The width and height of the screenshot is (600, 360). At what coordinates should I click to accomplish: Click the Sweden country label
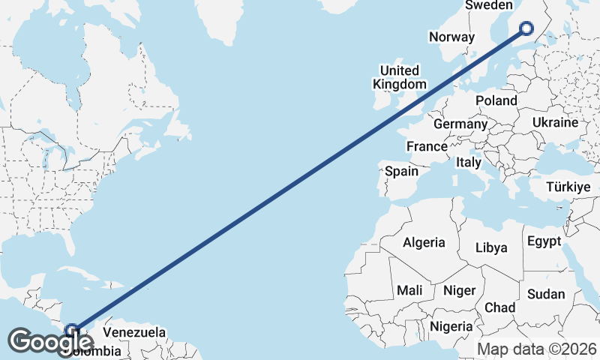(x=488, y=5)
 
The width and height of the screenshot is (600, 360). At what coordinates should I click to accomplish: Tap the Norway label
(x=451, y=37)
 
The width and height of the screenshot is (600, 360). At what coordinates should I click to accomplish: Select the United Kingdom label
(x=400, y=78)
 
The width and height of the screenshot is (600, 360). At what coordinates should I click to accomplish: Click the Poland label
(x=496, y=100)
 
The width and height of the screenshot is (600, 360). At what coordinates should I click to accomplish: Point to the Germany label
(x=460, y=124)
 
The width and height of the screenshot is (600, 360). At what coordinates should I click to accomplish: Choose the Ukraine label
(x=555, y=122)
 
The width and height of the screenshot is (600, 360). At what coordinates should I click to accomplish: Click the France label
(x=427, y=146)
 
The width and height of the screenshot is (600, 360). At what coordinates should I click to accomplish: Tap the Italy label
(x=469, y=162)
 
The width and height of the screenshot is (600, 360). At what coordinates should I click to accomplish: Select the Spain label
(x=401, y=171)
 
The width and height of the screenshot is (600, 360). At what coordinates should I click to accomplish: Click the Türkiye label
(x=568, y=187)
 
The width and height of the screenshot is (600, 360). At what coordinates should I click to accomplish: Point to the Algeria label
(x=424, y=243)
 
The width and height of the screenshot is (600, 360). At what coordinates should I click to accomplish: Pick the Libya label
(x=491, y=247)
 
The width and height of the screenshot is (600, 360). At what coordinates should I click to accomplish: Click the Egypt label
(x=544, y=241)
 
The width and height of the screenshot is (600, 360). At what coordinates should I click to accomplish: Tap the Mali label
(x=409, y=289)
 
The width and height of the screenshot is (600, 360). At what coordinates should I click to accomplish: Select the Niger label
(x=459, y=289)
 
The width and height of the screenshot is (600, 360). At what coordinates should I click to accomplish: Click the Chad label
(x=499, y=307)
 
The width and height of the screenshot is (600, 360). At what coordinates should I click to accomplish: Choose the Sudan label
(x=546, y=294)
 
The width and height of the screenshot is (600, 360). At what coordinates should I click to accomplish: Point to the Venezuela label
(x=133, y=332)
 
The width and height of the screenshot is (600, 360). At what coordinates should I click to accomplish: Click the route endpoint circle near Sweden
(x=526, y=28)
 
